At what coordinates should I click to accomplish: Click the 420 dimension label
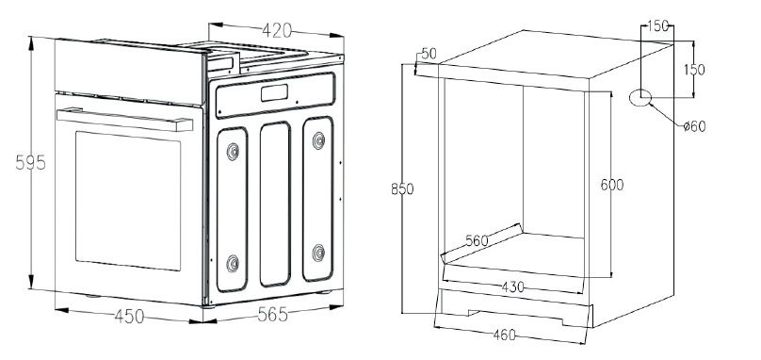click(277, 30)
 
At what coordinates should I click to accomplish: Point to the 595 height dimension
click(30, 162)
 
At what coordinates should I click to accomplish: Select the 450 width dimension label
click(130, 317)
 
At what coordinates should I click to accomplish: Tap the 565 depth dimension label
click(273, 315)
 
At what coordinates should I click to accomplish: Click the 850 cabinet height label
click(402, 188)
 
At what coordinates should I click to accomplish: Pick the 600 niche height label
click(612, 185)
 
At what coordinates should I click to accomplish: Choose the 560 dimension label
click(478, 240)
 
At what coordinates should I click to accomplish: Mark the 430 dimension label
click(513, 287)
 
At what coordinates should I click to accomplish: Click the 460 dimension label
click(504, 335)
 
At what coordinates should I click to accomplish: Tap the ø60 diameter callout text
click(694, 126)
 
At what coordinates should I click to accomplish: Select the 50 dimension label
click(429, 54)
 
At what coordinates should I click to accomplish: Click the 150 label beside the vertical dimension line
click(694, 70)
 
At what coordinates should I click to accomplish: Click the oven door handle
click(124, 120)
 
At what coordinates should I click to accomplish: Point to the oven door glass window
click(128, 201)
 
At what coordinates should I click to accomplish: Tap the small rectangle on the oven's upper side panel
click(274, 92)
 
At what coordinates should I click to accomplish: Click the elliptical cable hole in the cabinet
click(640, 98)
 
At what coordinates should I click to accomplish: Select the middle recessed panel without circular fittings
click(275, 205)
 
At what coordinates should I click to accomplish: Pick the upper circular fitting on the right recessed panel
click(318, 140)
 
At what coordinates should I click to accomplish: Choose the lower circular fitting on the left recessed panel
click(233, 263)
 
